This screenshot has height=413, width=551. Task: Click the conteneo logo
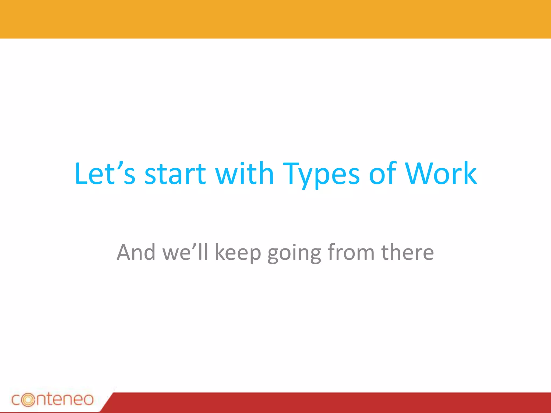coord(52,399)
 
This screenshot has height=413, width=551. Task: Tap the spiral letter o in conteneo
coord(28,400)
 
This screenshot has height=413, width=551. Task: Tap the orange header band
coord(275,19)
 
